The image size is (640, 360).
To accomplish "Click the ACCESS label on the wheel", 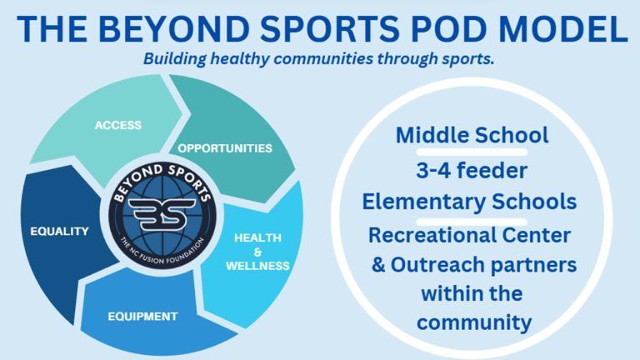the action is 118,125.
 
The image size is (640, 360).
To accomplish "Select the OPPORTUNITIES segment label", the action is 225,148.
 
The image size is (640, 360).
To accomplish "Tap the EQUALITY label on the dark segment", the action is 60,232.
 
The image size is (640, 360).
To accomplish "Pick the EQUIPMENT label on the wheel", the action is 142,317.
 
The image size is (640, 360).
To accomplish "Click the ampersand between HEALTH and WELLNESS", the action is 257,252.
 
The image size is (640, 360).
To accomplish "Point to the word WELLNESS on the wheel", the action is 257,266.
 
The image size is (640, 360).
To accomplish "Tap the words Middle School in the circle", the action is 472,135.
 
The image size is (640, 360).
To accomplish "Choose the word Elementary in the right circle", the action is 423,202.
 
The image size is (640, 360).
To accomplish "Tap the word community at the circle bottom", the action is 474,322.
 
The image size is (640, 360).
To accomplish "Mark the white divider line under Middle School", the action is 472,152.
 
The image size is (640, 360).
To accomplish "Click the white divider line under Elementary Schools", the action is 472,222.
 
